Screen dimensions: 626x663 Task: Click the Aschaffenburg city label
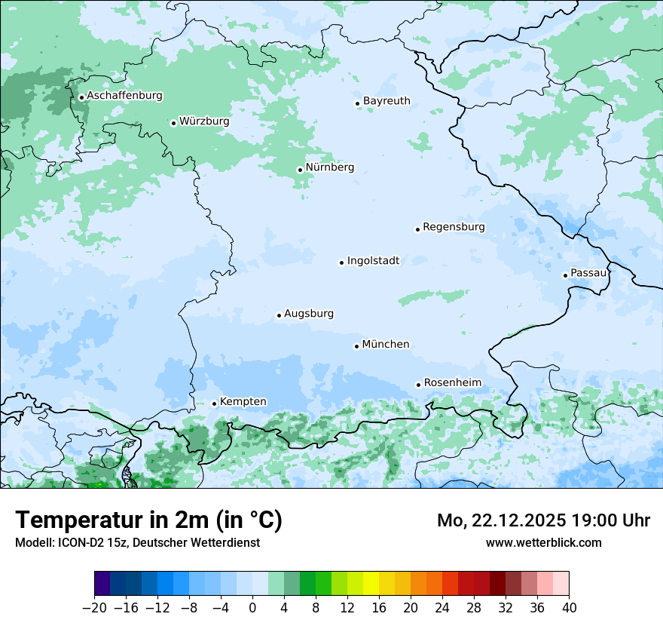124,96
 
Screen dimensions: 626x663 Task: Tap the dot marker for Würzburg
173,123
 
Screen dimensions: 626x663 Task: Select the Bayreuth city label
386,101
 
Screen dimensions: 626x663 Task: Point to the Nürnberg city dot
300,170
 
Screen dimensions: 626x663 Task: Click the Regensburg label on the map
454,227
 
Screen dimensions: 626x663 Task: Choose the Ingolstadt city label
373,261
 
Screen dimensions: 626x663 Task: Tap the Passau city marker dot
565,275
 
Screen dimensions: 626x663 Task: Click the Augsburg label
309,314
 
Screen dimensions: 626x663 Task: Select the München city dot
356,346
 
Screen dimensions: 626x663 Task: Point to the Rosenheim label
452,383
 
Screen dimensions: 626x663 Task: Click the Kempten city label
243,402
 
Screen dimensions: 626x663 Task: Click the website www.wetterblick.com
543,542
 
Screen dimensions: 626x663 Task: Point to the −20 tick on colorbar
95,608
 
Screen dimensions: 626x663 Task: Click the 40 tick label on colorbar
569,608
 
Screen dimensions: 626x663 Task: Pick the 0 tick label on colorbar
252,608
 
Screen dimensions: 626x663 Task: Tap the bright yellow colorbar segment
371,584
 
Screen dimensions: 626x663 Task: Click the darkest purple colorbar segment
102,584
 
